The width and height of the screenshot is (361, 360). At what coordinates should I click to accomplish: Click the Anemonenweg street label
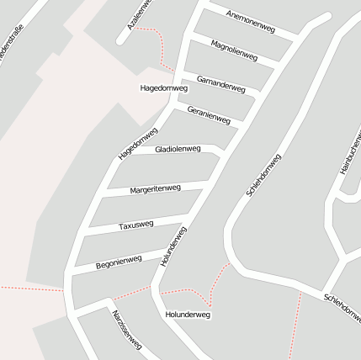coord(252,22)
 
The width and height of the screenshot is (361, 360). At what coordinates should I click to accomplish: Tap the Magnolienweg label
coord(234,50)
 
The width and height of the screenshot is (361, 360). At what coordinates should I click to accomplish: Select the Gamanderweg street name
coord(220,82)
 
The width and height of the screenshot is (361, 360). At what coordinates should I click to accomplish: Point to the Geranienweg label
coord(209,115)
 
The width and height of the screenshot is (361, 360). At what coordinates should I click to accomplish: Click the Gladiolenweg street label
coord(173,149)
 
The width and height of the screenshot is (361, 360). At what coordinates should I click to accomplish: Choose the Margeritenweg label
coord(155,189)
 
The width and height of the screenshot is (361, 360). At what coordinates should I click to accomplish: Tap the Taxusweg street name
coord(135,225)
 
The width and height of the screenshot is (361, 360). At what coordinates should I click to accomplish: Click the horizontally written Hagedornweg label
coord(162,87)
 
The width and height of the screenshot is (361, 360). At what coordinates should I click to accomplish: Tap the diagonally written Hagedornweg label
coord(138,143)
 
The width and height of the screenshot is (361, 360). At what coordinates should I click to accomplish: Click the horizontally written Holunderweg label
coord(188,315)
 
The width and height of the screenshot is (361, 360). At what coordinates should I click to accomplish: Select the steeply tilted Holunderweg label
coord(173,246)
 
